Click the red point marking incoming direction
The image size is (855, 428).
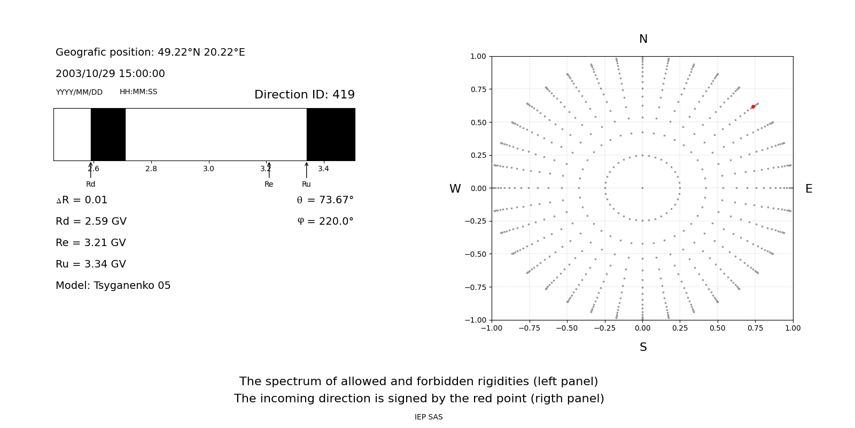pyautogui.click(x=753, y=107)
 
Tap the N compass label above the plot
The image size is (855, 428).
pyautogui.click(x=643, y=39)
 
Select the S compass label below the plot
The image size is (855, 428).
pyautogui.click(x=643, y=347)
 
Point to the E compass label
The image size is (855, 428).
pyautogui.click(x=809, y=189)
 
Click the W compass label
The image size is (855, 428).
pyautogui.click(x=455, y=189)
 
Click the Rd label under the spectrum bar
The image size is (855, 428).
pyautogui.click(x=90, y=184)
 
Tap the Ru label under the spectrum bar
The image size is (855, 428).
pyautogui.click(x=306, y=184)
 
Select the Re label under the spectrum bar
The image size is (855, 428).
pyautogui.click(x=269, y=184)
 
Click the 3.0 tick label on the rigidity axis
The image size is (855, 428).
pyautogui.click(x=208, y=169)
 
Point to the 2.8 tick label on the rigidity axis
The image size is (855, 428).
pyautogui.click(x=151, y=169)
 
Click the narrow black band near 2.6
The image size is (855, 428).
pyautogui.click(x=108, y=134)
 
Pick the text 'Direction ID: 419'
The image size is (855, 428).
pyautogui.click(x=304, y=95)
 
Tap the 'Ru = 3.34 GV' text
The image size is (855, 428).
pyautogui.click(x=91, y=264)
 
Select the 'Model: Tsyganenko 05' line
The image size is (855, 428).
pyautogui.click(x=113, y=286)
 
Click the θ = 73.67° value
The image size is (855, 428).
pyautogui.click(x=325, y=200)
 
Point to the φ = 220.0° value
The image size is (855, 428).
pyautogui.click(x=325, y=221)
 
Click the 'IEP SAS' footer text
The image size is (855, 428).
pyautogui.click(x=429, y=417)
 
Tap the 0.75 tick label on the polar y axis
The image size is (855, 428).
pyautogui.click(x=478, y=89)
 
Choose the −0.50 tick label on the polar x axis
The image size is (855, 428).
pyautogui.click(x=567, y=328)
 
